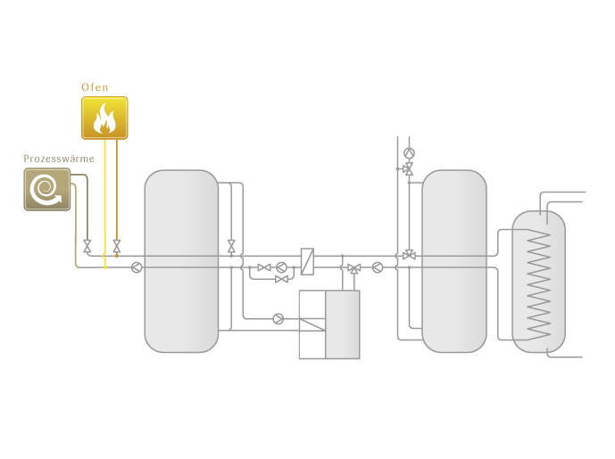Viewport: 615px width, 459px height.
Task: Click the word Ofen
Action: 95,87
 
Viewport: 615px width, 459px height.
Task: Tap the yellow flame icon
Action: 104,118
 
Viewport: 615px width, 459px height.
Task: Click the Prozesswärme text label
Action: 59,159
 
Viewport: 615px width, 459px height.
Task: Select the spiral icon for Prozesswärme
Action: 46,189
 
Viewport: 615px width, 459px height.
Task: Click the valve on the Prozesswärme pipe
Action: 87,246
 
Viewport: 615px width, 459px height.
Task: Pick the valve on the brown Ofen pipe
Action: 117,246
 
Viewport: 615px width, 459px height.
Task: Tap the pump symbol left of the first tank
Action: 137,267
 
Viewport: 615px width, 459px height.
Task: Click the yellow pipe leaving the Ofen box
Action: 105,196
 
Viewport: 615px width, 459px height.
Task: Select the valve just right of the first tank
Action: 231,245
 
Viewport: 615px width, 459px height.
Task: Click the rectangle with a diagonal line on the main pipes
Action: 308,260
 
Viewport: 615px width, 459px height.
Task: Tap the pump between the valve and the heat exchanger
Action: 281,267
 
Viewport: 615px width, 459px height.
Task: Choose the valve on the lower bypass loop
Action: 281,280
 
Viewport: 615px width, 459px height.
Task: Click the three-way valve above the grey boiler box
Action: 353,268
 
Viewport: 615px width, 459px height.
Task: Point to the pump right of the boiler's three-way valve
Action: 378,266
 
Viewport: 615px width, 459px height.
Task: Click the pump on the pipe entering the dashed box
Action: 278,318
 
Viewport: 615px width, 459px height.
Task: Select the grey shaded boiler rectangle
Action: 343,324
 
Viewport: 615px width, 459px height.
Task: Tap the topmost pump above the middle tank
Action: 409,153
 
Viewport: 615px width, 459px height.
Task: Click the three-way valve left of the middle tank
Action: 409,256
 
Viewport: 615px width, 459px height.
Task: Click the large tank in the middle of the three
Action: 454,260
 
